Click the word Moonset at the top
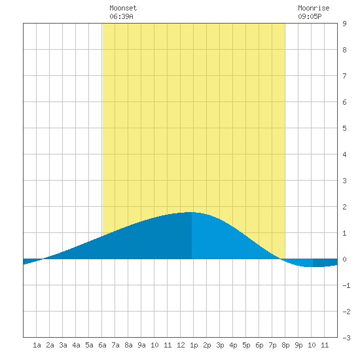pos(123,8)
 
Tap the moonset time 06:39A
pos(121,16)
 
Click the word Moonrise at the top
pos(314,8)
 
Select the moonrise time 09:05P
pos(310,16)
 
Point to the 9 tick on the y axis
pos(344,24)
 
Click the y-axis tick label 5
pos(344,128)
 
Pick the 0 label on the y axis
pos(344,259)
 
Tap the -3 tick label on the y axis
pos(346,338)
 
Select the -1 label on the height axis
pos(346,285)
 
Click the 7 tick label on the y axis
pos(344,76)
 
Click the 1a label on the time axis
pos(37,345)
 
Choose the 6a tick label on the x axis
pos(102,345)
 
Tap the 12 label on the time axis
pos(181,345)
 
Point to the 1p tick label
pos(194,346)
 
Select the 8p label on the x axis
pos(285,346)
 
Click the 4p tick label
pos(233,346)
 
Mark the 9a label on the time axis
pos(141,345)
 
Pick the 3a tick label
pos(63,345)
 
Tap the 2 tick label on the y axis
pos(344,207)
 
